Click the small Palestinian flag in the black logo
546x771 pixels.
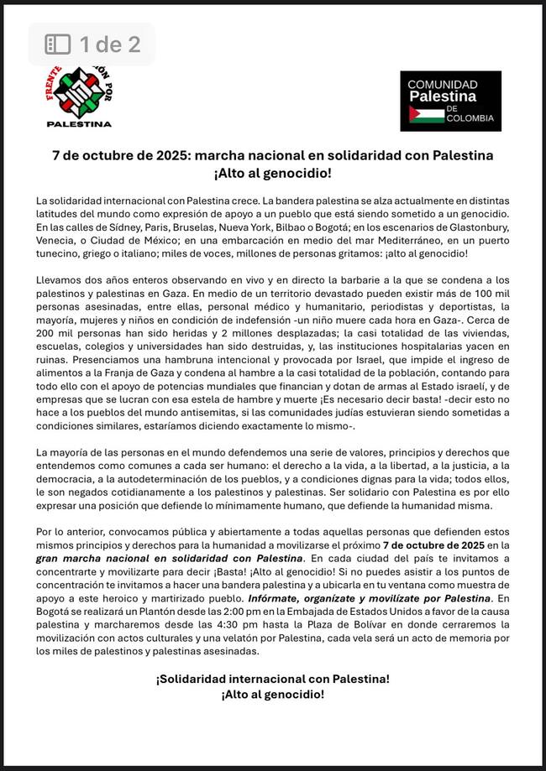426,114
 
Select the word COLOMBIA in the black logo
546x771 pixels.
470,118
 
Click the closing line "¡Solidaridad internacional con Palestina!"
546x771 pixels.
272,678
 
